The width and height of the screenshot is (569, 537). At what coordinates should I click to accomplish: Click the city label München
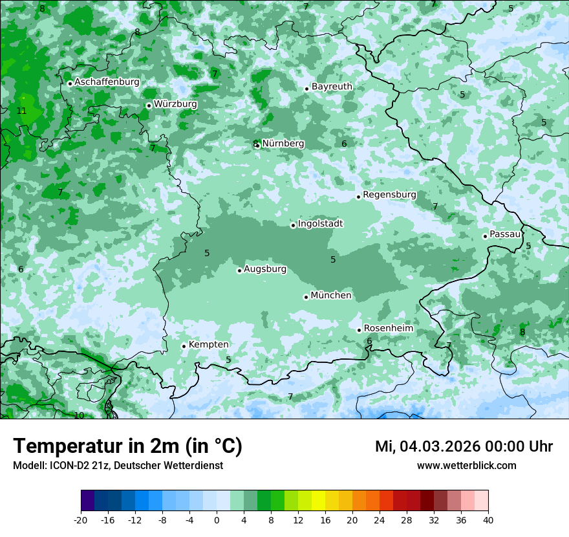click(x=331, y=296)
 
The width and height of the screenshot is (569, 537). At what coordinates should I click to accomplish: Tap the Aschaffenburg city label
click(x=107, y=82)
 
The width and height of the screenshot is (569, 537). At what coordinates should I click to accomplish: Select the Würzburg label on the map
click(x=175, y=104)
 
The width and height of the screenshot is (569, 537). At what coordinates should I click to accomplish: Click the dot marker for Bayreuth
click(x=306, y=89)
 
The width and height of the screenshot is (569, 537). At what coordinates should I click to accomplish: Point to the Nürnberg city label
click(x=283, y=144)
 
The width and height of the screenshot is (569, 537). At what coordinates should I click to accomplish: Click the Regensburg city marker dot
click(x=358, y=197)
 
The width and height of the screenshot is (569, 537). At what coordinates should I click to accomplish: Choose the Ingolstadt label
click(x=320, y=224)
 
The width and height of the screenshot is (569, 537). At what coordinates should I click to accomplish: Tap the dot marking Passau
click(x=485, y=236)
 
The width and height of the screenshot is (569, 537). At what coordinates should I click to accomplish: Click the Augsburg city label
click(x=265, y=269)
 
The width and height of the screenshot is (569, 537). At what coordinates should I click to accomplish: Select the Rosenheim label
click(x=388, y=329)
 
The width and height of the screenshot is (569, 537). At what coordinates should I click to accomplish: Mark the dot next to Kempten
click(x=184, y=346)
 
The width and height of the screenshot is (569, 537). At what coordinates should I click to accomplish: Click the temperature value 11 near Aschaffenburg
click(x=21, y=111)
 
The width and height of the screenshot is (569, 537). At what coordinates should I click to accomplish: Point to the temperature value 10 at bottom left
click(x=79, y=415)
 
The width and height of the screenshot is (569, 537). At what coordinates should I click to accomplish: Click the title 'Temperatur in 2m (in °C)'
click(x=127, y=446)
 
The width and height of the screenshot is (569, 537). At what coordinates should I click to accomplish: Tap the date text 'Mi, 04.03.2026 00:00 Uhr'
click(x=464, y=446)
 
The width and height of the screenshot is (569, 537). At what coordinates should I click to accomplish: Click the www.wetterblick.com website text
click(x=466, y=466)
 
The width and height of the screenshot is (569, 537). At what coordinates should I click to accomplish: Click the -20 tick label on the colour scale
click(x=81, y=520)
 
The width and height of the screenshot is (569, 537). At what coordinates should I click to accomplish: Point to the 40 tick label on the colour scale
click(x=488, y=520)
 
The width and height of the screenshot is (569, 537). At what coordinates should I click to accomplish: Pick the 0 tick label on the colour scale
click(x=217, y=520)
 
